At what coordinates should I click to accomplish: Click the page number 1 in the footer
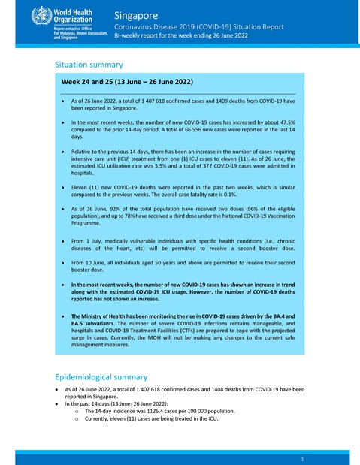(x=301, y=457)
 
